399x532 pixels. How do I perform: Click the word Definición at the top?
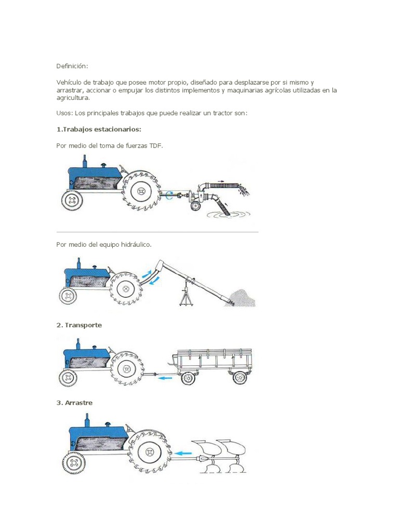(72, 66)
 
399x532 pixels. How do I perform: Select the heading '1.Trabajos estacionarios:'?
(99, 129)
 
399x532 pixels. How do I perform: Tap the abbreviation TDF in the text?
(156, 145)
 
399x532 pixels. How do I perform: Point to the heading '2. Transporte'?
(79, 325)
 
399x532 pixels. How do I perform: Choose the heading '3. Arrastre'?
(74, 403)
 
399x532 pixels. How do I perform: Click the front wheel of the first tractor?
(72, 200)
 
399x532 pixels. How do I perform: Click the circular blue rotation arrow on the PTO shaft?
(170, 195)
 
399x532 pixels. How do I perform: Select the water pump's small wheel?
(195, 206)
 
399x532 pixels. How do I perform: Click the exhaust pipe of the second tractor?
(79, 263)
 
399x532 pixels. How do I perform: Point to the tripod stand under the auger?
(185, 296)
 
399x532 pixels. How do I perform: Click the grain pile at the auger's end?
(242, 298)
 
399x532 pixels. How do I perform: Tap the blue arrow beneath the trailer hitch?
(166, 378)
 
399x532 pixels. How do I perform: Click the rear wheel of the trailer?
(240, 378)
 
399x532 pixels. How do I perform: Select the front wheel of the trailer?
(188, 378)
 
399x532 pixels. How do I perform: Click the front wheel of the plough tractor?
(74, 462)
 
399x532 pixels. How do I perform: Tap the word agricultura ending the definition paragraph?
(73, 98)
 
